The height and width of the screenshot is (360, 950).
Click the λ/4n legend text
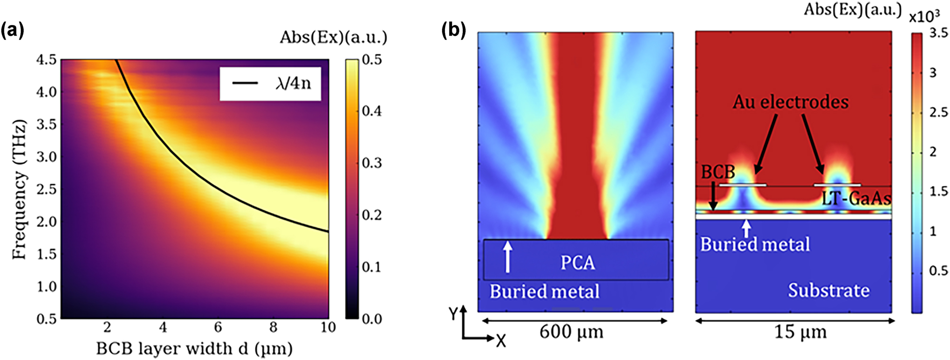[x=293, y=84]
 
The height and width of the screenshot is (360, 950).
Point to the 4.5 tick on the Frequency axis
[x=46, y=60]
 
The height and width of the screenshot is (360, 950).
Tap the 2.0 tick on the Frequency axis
[x=46, y=222]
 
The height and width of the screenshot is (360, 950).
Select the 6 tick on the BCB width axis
[x=218, y=327]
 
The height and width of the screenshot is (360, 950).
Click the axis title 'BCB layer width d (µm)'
[x=194, y=349]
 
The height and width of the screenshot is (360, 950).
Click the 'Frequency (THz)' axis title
[x=19, y=189]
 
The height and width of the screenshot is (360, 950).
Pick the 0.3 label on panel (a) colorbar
[x=372, y=163]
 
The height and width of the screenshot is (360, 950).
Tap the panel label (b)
[x=453, y=30]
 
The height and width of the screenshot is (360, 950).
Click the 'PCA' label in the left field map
[x=578, y=263]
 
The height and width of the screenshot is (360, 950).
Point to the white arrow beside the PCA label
[x=508, y=257]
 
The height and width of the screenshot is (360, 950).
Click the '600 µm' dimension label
[x=571, y=331]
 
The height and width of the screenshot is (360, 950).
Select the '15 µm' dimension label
[x=800, y=331]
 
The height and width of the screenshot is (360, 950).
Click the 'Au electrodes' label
[x=790, y=102]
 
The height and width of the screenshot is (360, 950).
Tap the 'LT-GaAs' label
[x=856, y=198]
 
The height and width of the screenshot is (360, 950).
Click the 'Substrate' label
[x=828, y=290]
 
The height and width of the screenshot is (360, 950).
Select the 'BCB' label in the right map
[x=718, y=172]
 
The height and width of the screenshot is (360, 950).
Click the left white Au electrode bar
[x=743, y=185]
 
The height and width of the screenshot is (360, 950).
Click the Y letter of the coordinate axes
[x=453, y=314]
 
